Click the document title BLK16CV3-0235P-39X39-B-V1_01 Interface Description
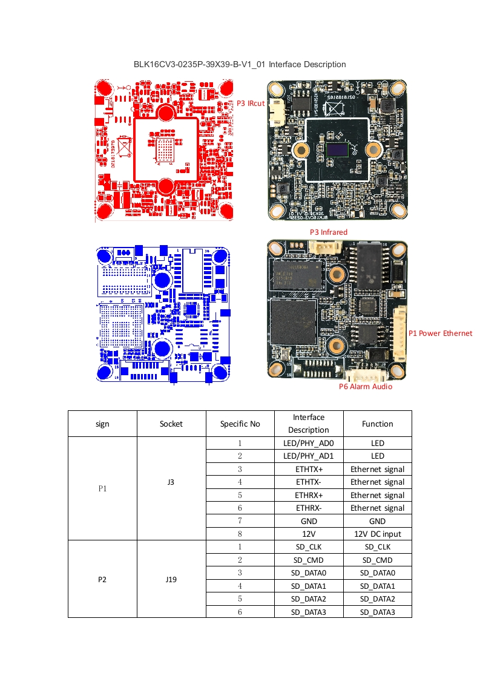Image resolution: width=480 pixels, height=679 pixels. coord(240,64)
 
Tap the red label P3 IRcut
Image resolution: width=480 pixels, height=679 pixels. coord(250,103)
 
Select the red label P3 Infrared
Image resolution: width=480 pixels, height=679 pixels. coord(328,232)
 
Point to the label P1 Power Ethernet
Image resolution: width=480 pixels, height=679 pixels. coord(440,333)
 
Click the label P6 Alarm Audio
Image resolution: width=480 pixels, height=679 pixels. coord(365,386)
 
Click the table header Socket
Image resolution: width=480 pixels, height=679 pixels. coord(171,424)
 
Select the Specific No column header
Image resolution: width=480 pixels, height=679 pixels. coord(240,424)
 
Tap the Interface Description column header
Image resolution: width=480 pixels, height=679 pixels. coord(309,424)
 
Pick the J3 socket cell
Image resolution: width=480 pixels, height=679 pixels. coord(171,482)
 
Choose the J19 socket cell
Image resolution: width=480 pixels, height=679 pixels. coord(171,579)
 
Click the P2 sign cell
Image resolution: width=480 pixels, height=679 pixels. coord(102,579)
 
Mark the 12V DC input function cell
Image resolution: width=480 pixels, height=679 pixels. coord(378,534)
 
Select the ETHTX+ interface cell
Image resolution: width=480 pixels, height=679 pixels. coord(309,469)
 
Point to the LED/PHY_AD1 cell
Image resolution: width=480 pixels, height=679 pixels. coord(309,456)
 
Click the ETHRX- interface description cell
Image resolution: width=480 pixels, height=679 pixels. coord(309,508)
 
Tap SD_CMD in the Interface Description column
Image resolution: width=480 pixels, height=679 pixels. coord(309,560)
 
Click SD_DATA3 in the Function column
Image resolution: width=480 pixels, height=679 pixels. coord(378,612)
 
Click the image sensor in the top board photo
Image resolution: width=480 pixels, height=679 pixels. coord(337,149)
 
